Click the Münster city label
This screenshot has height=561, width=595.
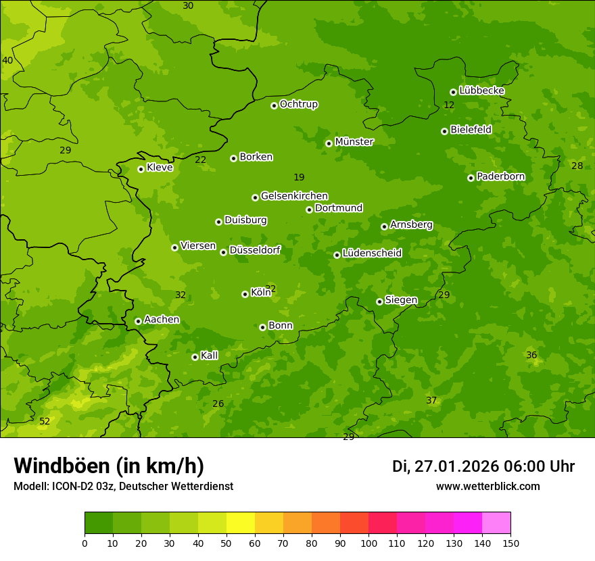point(354,142)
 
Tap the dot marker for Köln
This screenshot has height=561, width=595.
point(245,294)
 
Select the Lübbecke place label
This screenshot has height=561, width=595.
point(481,91)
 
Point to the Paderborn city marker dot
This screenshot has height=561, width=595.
point(471,178)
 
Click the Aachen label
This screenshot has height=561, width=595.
point(162,320)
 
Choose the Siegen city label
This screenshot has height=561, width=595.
point(401,300)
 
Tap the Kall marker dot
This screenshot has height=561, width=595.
point(195,357)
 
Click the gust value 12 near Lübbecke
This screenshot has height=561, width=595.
point(449,105)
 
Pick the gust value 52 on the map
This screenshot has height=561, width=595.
point(45,421)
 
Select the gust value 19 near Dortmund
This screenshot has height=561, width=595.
point(299,177)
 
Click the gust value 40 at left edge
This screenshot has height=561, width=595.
point(7,60)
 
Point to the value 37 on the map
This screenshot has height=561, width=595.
point(431,400)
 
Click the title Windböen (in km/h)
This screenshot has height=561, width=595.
point(109,466)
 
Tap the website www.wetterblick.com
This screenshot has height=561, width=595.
point(487,487)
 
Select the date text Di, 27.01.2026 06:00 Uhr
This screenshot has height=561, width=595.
point(483,466)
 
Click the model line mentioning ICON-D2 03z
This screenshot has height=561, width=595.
point(123,487)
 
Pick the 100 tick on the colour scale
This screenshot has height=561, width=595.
point(368,543)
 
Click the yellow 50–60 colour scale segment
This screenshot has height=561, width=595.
point(241,523)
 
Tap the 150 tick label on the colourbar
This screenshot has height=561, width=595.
point(510,543)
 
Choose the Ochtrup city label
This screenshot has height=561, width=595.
point(298,104)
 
